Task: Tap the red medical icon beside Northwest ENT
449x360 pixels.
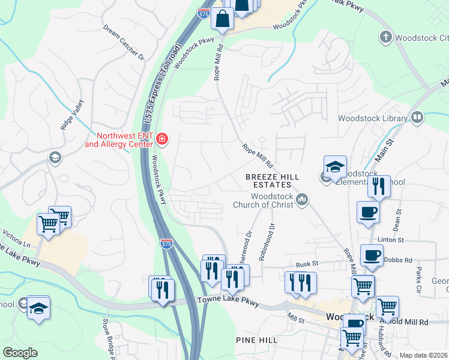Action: pyautogui.click(x=161, y=140)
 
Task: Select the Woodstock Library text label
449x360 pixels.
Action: pyautogui.click(x=372, y=118)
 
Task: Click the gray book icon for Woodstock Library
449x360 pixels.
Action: pyautogui.click(x=417, y=118)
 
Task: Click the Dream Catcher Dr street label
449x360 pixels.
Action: pyautogui.click(x=124, y=43)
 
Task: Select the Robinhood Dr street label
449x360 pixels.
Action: pyautogui.click(x=267, y=242)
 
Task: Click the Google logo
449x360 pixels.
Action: pyautogui.click(x=20, y=353)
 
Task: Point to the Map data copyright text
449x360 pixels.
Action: pyautogui.click(x=423, y=355)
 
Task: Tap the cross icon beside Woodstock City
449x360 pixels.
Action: pyautogui.click(x=385, y=37)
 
